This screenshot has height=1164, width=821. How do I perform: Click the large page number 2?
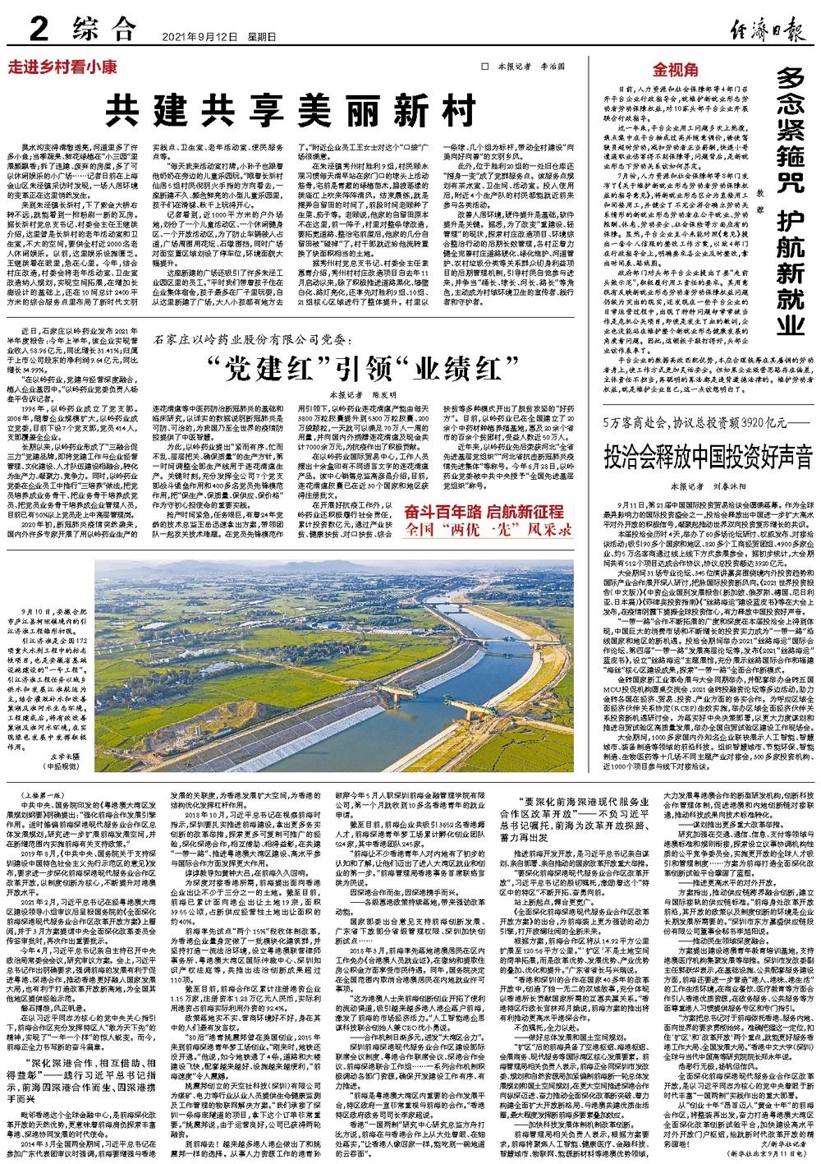tap(38, 32)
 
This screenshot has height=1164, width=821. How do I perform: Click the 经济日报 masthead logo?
tap(764, 32)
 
